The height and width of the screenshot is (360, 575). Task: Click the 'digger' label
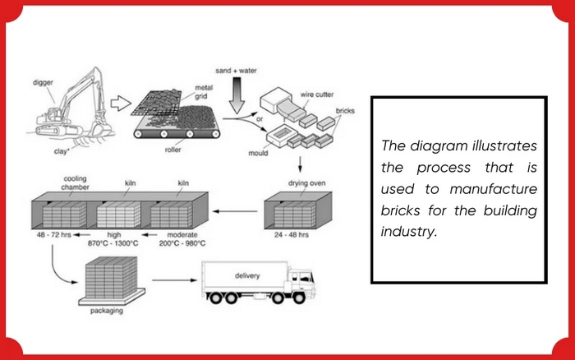point(44,82)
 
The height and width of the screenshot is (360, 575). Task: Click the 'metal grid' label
point(204,91)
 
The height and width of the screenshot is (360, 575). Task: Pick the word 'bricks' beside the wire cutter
point(345,109)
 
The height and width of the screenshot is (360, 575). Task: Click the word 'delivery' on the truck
point(246,275)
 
